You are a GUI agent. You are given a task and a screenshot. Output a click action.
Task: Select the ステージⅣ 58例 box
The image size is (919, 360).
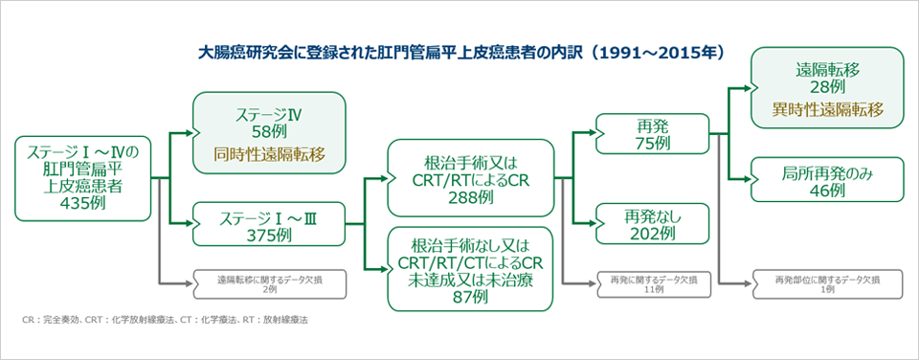click(x=270, y=132)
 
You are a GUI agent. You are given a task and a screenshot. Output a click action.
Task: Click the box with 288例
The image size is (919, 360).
click(x=470, y=178)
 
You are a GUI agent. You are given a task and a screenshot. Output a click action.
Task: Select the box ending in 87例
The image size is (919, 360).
click(x=470, y=269)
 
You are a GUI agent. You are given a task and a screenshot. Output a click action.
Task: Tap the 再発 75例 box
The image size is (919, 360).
click(x=653, y=134)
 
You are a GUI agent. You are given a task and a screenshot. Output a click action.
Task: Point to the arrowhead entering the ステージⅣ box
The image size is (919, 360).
click(x=190, y=133)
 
